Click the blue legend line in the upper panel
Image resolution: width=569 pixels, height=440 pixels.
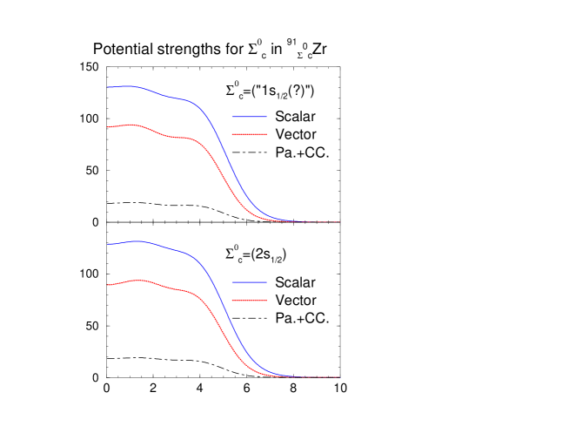point(250,117)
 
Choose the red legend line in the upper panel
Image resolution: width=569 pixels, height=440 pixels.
point(250,134)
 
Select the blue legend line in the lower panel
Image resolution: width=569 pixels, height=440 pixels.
point(250,282)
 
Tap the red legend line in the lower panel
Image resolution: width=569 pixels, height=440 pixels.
point(250,300)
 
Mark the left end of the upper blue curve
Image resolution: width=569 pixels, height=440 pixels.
point(108,87)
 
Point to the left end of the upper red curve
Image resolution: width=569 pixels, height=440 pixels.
point(108,127)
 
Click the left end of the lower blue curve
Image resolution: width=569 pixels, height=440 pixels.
point(108,245)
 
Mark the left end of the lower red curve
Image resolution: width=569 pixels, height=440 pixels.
point(108,285)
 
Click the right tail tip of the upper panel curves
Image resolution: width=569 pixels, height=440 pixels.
point(338,221)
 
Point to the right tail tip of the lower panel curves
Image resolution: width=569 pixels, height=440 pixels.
point(338,376)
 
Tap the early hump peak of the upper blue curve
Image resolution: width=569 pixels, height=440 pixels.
point(130,85)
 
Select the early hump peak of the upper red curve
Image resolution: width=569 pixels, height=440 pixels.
point(132,125)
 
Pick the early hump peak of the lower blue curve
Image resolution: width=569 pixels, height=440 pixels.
point(137,241)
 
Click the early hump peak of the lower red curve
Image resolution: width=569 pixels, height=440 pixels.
point(139,281)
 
